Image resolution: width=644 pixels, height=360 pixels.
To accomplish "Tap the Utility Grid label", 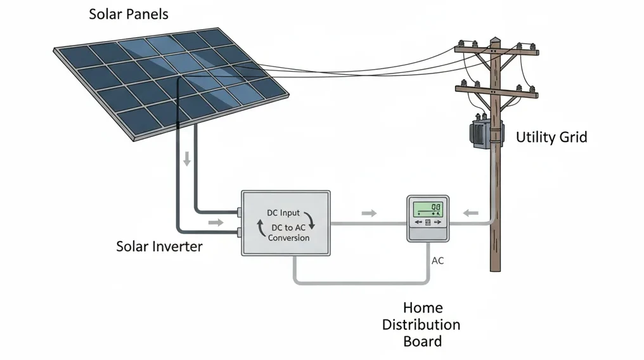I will (x=551, y=137).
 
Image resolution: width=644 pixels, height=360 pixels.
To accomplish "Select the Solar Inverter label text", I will (x=159, y=247).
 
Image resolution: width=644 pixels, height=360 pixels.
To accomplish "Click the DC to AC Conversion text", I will (x=289, y=233).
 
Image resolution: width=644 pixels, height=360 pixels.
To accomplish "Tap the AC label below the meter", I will (x=438, y=260).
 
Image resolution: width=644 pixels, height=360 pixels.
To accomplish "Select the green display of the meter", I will (x=427, y=209).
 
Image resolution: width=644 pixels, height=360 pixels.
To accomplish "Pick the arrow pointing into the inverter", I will (x=216, y=222).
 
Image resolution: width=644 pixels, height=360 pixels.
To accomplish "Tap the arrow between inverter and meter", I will (x=369, y=213).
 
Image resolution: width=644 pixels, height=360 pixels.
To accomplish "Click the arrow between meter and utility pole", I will (x=470, y=213).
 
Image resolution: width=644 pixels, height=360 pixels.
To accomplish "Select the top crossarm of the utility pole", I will (x=496, y=49).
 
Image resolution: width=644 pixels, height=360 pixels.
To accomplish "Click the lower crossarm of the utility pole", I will (x=496, y=92).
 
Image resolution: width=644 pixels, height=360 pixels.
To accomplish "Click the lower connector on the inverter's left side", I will (x=239, y=233).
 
